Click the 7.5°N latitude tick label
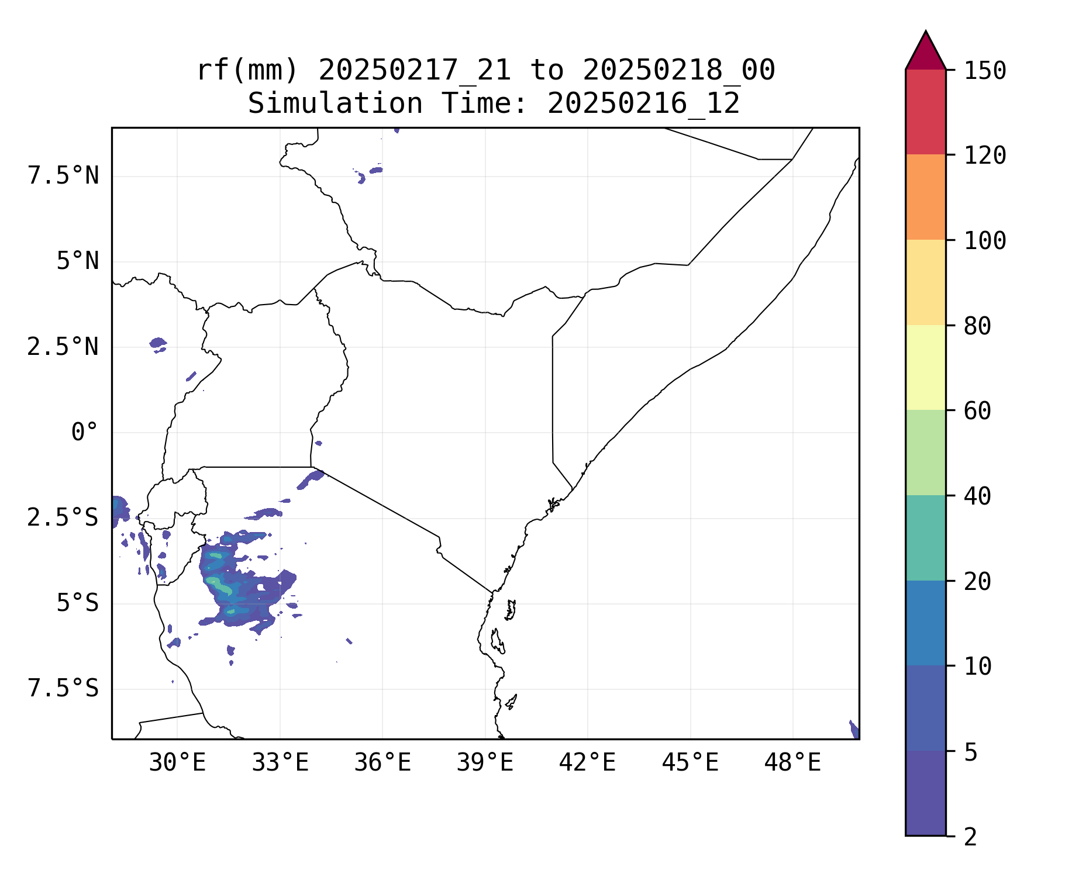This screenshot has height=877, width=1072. click(63, 176)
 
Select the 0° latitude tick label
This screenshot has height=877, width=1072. click(84, 433)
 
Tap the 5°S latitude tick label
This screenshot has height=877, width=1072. click(77, 603)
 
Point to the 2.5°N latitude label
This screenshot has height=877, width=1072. click(63, 347)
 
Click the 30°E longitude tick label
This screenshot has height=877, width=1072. click(177, 763)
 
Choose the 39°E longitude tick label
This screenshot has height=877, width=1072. click(485, 763)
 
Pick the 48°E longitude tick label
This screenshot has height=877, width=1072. click(792, 763)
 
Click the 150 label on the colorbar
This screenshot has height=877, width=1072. click(985, 71)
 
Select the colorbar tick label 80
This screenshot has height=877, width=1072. click(977, 326)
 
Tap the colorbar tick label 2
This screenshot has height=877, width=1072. click(970, 837)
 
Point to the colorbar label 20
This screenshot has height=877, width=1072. click(977, 582)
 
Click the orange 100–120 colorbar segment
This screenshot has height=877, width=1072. click(925, 197)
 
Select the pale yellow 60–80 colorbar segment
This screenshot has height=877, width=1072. click(925, 367)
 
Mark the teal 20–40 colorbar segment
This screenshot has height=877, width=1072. click(925, 538)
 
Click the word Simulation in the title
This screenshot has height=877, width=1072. click(335, 104)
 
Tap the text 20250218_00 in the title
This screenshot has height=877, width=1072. click(678, 71)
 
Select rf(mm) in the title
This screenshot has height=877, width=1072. click(247, 71)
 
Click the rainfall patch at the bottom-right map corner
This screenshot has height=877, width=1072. click(854, 730)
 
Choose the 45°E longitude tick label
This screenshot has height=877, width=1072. click(690, 763)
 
